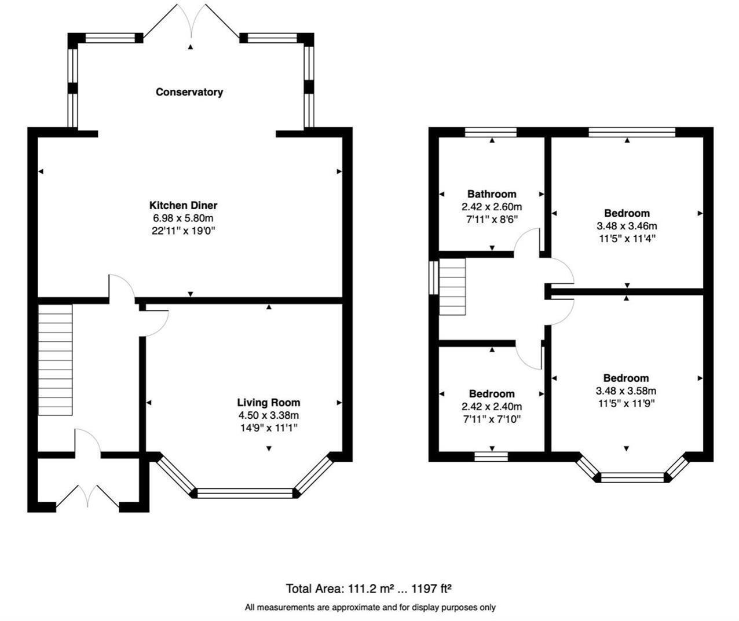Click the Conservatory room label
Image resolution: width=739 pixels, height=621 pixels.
[189, 92]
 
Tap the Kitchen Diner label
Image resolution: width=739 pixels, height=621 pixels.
[183, 206]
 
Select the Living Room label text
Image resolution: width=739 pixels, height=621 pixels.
[268, 403]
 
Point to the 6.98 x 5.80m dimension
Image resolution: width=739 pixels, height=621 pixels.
[183, 218]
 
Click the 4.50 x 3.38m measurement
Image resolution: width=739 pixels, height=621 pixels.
[268, 415]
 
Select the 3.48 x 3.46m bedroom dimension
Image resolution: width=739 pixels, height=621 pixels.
[627, 226]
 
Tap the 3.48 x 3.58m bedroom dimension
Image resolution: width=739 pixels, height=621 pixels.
[626, 391]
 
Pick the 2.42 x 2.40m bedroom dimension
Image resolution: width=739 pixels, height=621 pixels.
[491, 407]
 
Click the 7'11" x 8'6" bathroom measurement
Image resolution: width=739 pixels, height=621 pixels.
[491, 220]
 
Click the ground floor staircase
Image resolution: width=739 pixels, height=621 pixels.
[56, 360]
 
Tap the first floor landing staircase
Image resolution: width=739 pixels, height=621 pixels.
[452, 287]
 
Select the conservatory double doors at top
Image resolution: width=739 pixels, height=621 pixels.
[191, 23]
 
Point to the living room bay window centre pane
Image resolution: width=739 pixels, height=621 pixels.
[246, 494]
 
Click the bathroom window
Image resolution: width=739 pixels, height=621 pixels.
[491, 132]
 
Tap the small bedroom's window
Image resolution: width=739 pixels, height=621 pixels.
[491, 456]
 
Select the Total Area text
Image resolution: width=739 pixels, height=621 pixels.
[368, 589]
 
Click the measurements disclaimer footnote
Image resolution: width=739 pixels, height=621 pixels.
[370, 608]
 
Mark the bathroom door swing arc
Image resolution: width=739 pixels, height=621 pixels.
[527, 240]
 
